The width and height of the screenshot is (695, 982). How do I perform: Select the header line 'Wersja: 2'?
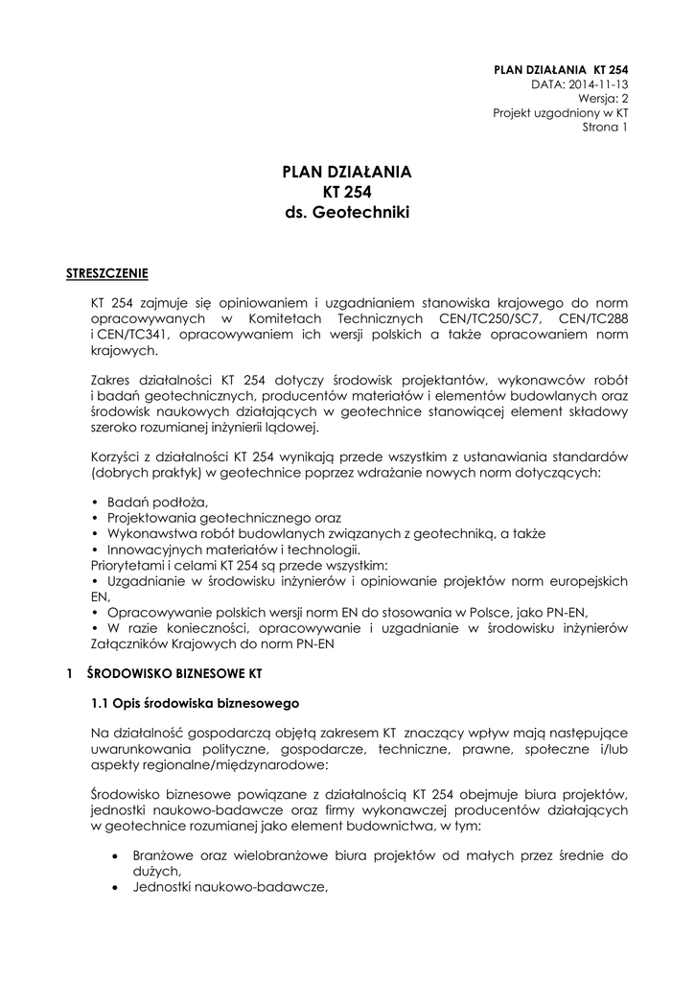pyautogui.click(x=602, y=98)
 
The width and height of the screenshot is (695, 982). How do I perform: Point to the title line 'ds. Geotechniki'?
pyautogui.click(x=346, y=213)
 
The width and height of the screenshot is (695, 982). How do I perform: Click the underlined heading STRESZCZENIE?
pyautogui.click(x=106, y=272)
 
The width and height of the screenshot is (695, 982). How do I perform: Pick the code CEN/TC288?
pyautogui.click(x=592, y=317)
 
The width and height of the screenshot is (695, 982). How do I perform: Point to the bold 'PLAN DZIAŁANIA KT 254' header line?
pyautogui.click(x=560, y=69)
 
